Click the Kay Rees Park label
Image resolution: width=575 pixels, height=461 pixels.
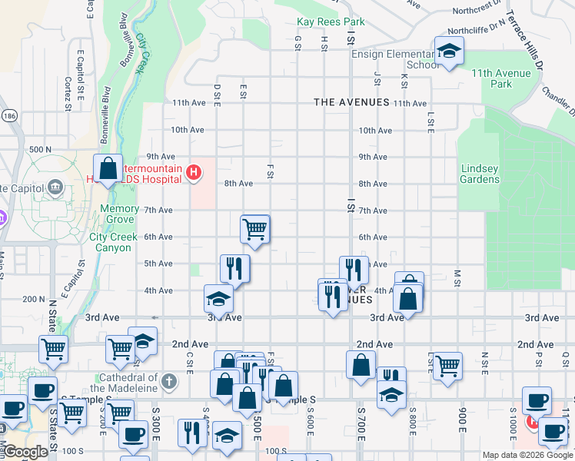[331, 23]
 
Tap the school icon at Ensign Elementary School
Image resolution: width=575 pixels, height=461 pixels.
[446, 51]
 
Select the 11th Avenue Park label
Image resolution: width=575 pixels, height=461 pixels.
[502, 78]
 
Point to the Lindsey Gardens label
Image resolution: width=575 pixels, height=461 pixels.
[480, 174]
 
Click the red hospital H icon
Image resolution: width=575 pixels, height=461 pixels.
[194, 173]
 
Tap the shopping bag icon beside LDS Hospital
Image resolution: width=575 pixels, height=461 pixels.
[108, 169]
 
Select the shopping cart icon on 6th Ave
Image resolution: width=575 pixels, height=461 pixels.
[254, 228]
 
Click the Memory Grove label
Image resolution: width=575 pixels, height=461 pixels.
[119, 214]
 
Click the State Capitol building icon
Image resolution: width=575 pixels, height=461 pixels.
[55, 187]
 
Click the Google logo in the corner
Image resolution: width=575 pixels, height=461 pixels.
[25, 452]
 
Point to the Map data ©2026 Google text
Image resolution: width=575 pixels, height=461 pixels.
[527, 455]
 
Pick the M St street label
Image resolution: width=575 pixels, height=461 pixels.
[457, 274]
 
